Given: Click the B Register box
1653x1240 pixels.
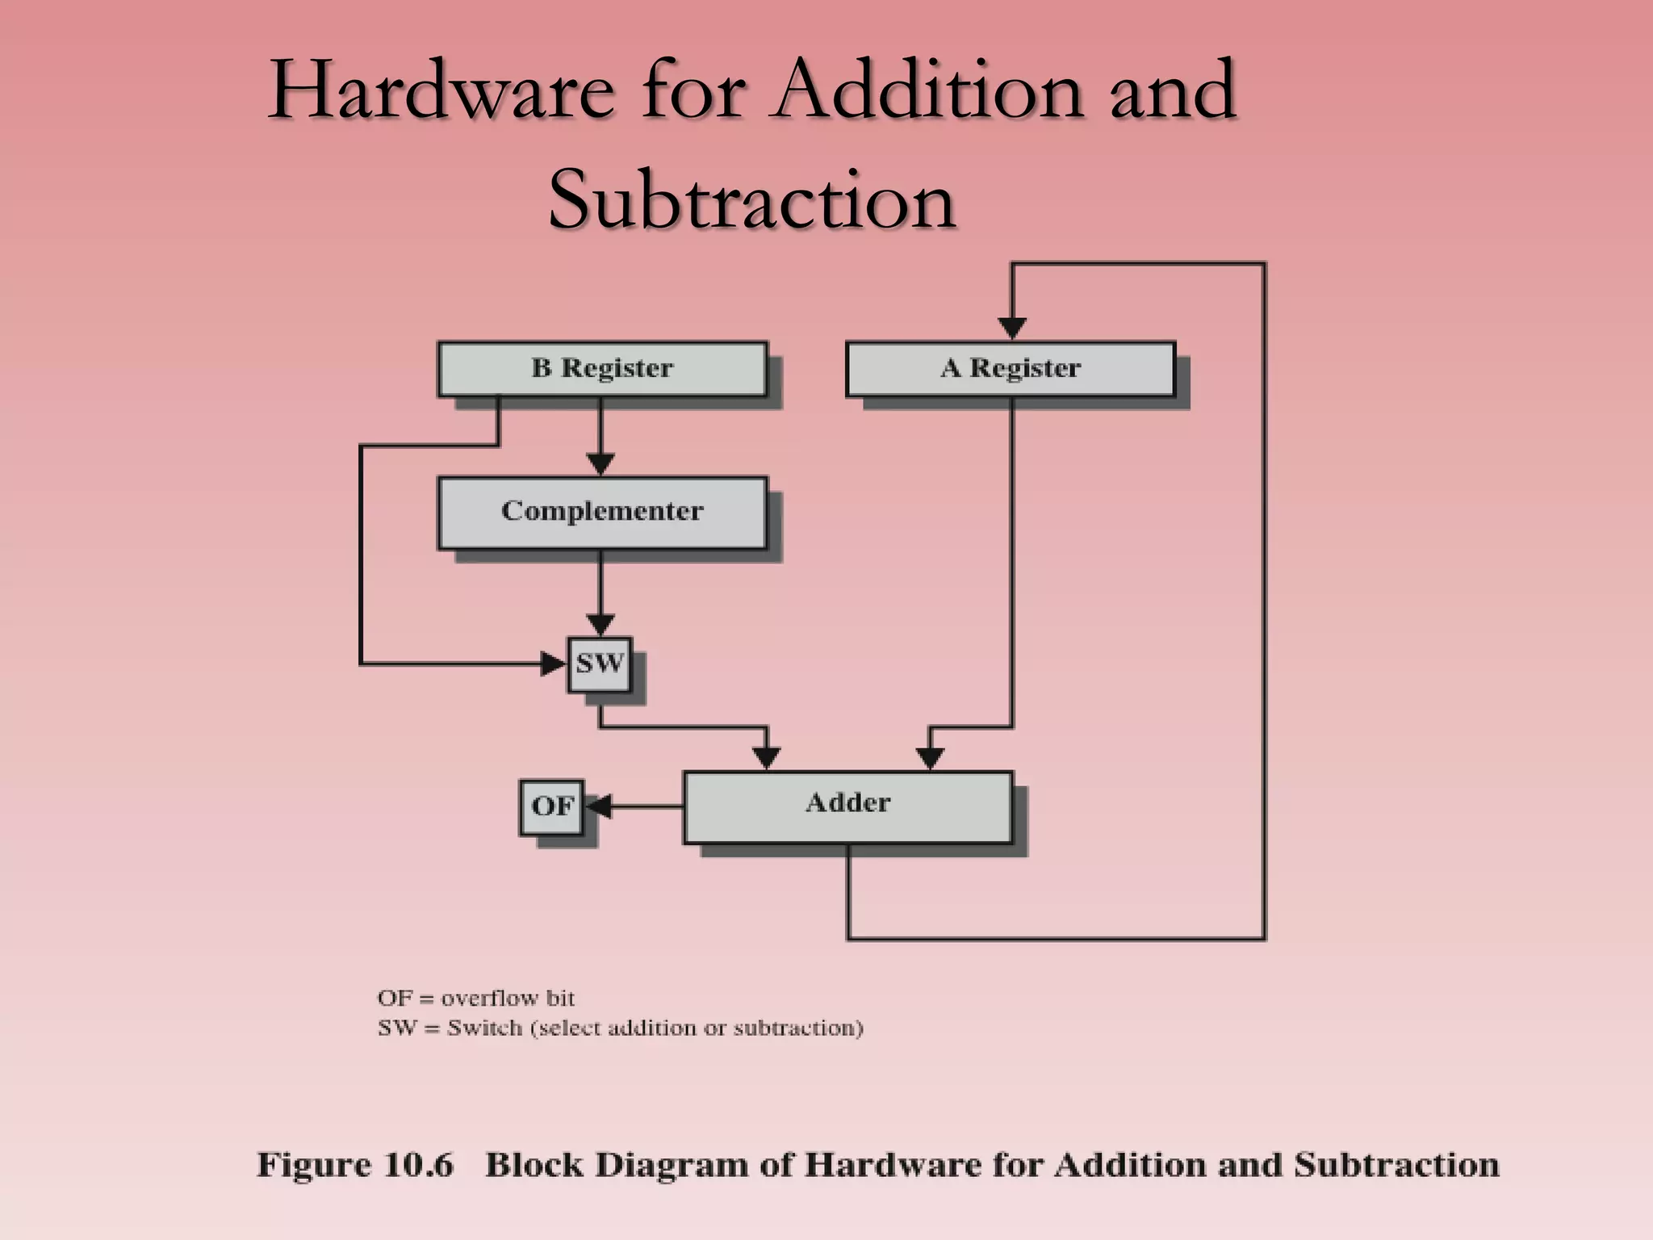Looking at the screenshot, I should (x=602, y=369).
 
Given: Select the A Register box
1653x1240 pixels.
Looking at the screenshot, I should (x=1011, y=369).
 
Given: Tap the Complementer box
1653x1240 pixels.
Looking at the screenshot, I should (x=602, y=513).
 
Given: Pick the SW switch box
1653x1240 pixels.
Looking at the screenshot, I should (x=599, y=664).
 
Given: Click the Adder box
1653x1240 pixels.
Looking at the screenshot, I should (x=847, y=806).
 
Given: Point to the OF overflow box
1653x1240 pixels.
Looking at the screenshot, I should (x=551, y=806).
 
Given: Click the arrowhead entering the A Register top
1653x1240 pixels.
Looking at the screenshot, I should (x=1012, y=328).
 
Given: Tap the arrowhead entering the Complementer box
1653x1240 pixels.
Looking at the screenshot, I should (x=600, y=464).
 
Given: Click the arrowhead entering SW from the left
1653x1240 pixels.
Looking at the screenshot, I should (x=554, y=664).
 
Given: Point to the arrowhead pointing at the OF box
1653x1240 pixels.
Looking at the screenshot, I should (x=597, y=806).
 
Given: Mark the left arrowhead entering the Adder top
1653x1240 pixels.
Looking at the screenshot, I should (x=766, y=758).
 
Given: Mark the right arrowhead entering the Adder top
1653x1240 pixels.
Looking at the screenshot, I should (x=930, y=758).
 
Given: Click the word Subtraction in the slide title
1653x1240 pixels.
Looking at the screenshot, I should (x=752, y=199).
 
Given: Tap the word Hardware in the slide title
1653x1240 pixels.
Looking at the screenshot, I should (x=441, y=90).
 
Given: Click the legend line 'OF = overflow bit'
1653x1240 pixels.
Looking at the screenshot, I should (x=476, y=999).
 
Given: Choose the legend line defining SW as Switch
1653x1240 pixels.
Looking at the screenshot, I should (x=620, y=1028).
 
